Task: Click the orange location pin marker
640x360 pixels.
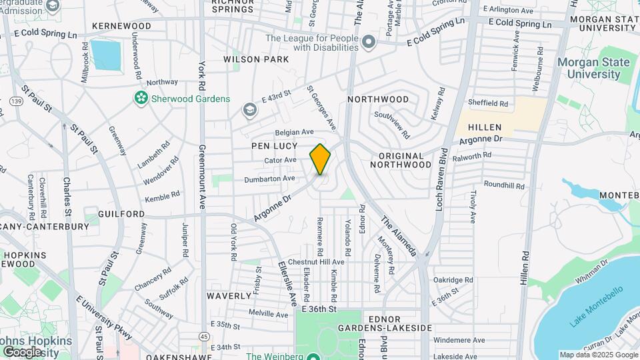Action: [321, 159]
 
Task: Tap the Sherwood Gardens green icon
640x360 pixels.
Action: [141, 99]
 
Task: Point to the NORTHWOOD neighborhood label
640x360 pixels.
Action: [378, 99]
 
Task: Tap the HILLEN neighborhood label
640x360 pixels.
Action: [485, 127]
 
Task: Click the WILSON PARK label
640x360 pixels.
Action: [256, 59]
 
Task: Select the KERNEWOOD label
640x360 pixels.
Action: [121, 26]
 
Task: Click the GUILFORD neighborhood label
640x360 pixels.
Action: [121, 213]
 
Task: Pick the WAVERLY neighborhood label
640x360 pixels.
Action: [228, 295]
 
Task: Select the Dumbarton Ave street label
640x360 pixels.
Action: [269, 179]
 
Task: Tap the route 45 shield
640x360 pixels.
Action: [203, 336]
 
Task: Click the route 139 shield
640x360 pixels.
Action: [15, 101]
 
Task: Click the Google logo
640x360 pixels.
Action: [22, 351]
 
